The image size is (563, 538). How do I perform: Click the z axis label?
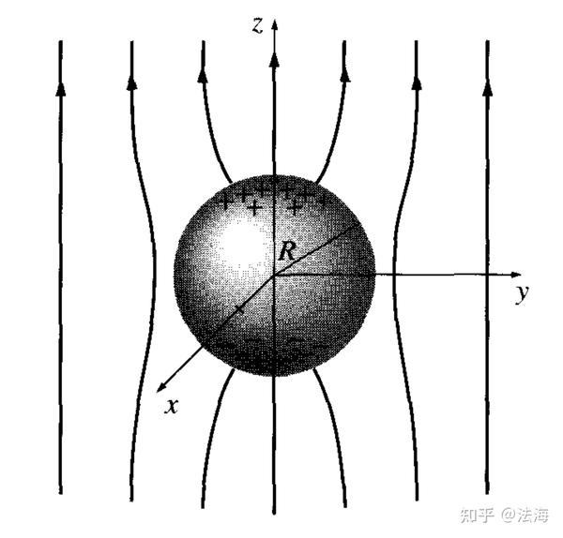click(256, 25)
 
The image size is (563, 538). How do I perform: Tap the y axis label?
click(521, 294)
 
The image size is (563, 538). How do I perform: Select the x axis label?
click(170, 407)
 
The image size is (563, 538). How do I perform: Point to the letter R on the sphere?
click(286, 251)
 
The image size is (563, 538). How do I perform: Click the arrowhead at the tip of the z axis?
click(274, 22)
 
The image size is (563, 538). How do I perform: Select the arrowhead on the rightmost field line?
click(487, 87)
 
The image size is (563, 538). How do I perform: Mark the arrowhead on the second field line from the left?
click(131, 82)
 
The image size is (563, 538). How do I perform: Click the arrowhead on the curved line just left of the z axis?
click(202, 71)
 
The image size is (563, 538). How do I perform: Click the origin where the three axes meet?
click(274, 275)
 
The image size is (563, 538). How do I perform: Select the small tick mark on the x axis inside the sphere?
click(240, 306)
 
